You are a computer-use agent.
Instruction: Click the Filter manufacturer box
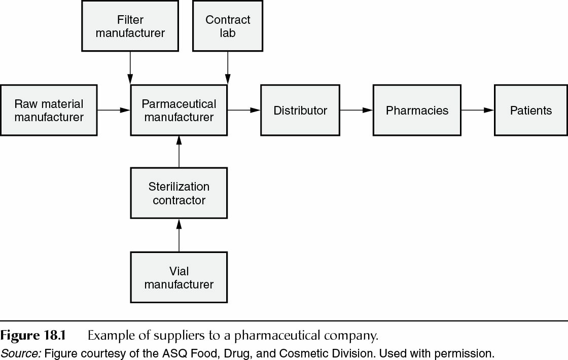pos(130,26)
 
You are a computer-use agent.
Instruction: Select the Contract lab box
pos(228,26)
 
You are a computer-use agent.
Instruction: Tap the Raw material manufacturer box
pos(49,111)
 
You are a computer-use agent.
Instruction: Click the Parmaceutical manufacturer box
pos(179,111)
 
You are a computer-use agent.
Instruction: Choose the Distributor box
pos(300,111)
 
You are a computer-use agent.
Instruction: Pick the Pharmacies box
pos(417,111)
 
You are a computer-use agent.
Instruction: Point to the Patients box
pos(530,111)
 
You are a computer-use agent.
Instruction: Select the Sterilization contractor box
pos(179,193)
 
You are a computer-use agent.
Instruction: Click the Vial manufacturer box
pos(179,277)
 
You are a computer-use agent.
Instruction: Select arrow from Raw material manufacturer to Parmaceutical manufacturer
pos(114,110)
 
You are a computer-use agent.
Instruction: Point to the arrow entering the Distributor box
pos(244,110)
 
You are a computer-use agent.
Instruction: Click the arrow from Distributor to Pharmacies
pos(356,110)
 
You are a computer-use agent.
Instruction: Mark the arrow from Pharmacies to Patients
pos(477,110)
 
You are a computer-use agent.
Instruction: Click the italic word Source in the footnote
pos(20,353)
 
